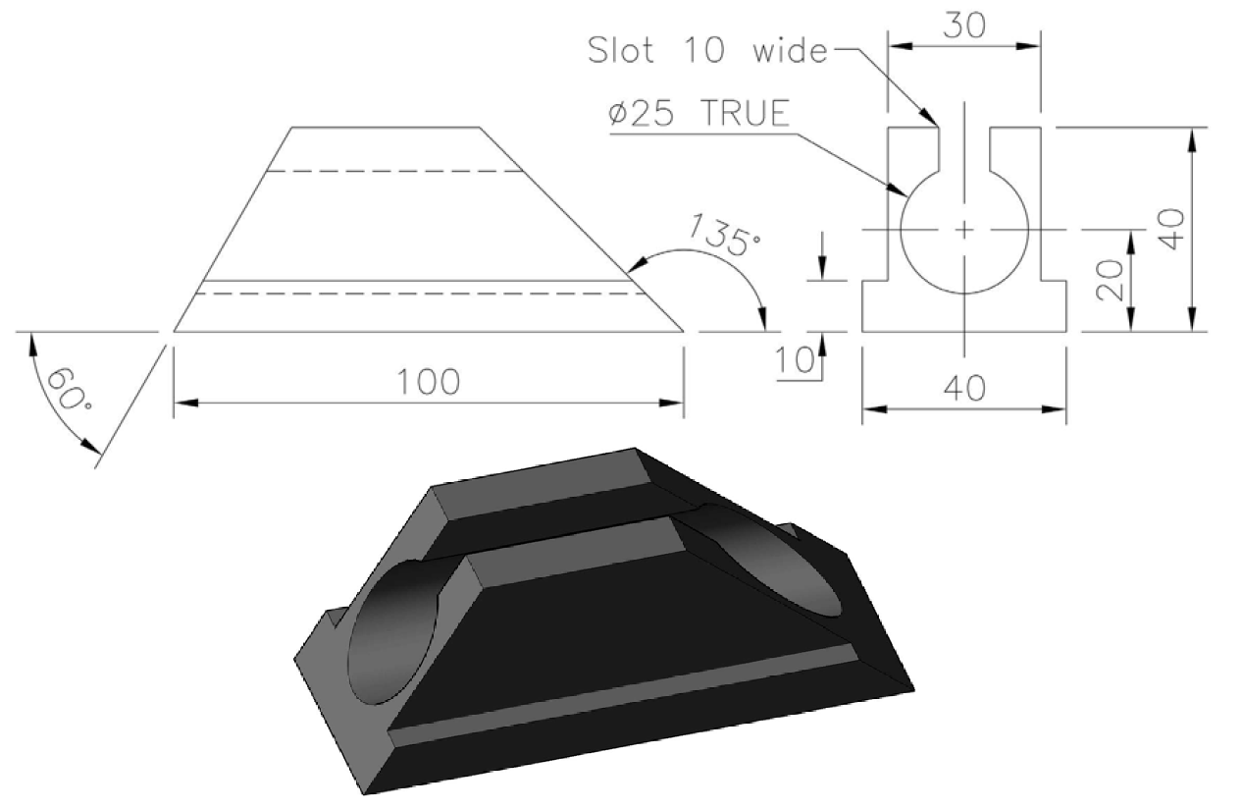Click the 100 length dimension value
pyautogui.click(x=429, y=382)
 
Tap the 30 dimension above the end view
pyautogui.click(x=963, y=27)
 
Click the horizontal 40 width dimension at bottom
pyautogui.click(x=963, y=390)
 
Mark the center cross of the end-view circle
pyautogui.click(x=964, y=230)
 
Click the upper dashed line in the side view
pyautogui.click(x=396, y=172)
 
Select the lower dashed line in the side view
pyautogui.click(x=422, y=293)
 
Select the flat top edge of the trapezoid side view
pyautogui.click(x=386, y=128)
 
